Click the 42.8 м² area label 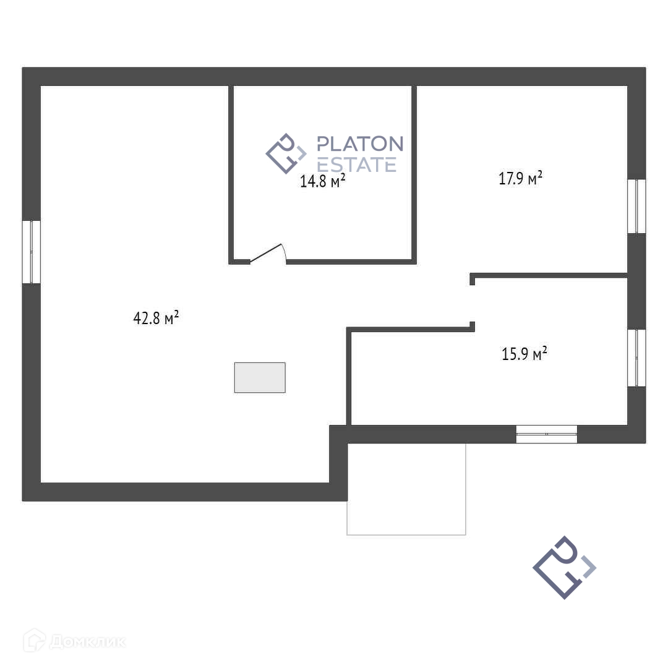click(156, 318)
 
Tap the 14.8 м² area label click(322, 181)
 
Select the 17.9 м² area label click(520, 179)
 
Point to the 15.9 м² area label click(524, 354)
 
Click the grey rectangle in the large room click(260, 377)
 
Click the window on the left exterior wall click(32, 252)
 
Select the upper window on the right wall click(636, 206)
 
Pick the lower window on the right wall click(636, 358)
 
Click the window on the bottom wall click(547, 434)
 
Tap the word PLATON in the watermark click(359, 144)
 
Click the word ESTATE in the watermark click(356, 165)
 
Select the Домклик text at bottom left click(87, 641)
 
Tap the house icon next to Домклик click(34, 640)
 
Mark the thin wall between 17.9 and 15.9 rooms click(549, 275)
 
